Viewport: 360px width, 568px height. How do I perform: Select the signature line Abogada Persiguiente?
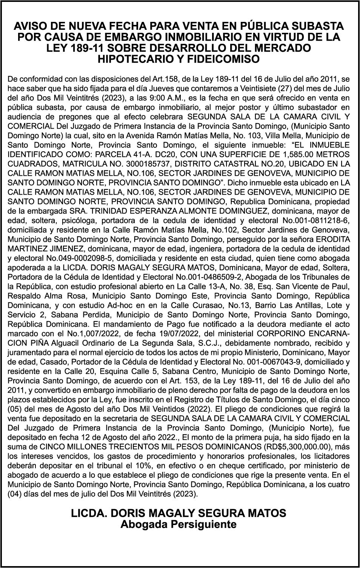[x=178, y=524]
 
